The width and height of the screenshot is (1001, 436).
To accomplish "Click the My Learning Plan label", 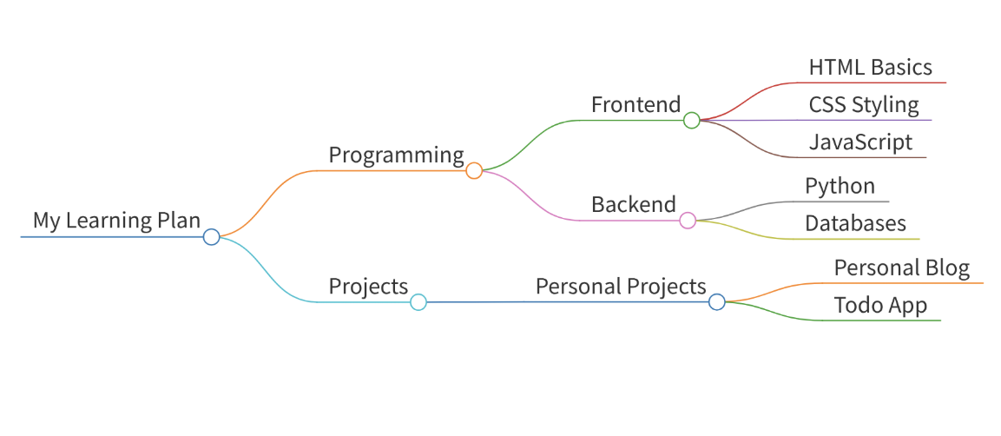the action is [117, 221].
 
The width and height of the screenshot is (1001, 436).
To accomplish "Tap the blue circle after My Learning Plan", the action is [211, 237].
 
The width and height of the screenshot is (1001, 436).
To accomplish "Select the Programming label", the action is [396, 155].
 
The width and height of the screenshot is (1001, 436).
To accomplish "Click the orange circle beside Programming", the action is [474, 170].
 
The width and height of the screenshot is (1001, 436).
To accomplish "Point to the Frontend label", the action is [636, 104].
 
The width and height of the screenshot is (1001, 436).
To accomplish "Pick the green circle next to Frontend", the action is [691, 120].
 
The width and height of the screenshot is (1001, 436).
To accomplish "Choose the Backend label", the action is [633, 204].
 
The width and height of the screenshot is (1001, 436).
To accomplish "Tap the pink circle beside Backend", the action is [688, 221].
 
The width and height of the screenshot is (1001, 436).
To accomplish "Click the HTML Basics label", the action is [871, 67].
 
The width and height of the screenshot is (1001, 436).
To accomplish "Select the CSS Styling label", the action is [864, 105].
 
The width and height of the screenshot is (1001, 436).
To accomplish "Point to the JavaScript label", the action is [860, 142].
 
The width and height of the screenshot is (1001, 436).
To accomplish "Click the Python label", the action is [840, 187].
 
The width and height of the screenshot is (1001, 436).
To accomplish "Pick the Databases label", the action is [855, 223].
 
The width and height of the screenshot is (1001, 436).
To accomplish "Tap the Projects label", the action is [368, 287].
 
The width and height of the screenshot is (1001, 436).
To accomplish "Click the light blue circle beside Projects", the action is [418, 302].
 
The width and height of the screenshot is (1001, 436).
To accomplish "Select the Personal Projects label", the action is [621, 286].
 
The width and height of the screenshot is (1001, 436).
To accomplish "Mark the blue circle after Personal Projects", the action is [717, 302].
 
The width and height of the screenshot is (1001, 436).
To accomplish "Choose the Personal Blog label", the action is [902, 268].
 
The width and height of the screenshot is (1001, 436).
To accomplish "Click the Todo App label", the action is [880, 306].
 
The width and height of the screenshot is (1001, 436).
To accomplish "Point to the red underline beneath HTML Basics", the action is [872, 83].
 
